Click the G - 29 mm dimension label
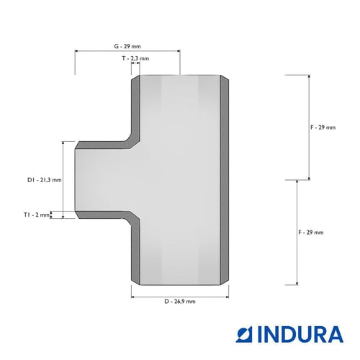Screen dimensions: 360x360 [x=127, y=46]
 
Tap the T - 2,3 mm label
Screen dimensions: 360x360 [x=135, y=58]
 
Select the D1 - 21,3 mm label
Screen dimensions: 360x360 [x=45, y=180]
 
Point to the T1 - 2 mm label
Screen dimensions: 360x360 [x=37, y=215]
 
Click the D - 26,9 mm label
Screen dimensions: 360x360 [x=180, y=302]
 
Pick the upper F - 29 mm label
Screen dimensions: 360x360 [x=323, y=127]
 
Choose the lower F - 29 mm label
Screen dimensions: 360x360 [x=311, y=233]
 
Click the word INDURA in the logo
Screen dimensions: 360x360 [x=300, y=334]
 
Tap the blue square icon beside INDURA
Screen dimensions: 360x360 [x=244, y=334]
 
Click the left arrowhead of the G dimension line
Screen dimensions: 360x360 [x=76, y=51]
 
